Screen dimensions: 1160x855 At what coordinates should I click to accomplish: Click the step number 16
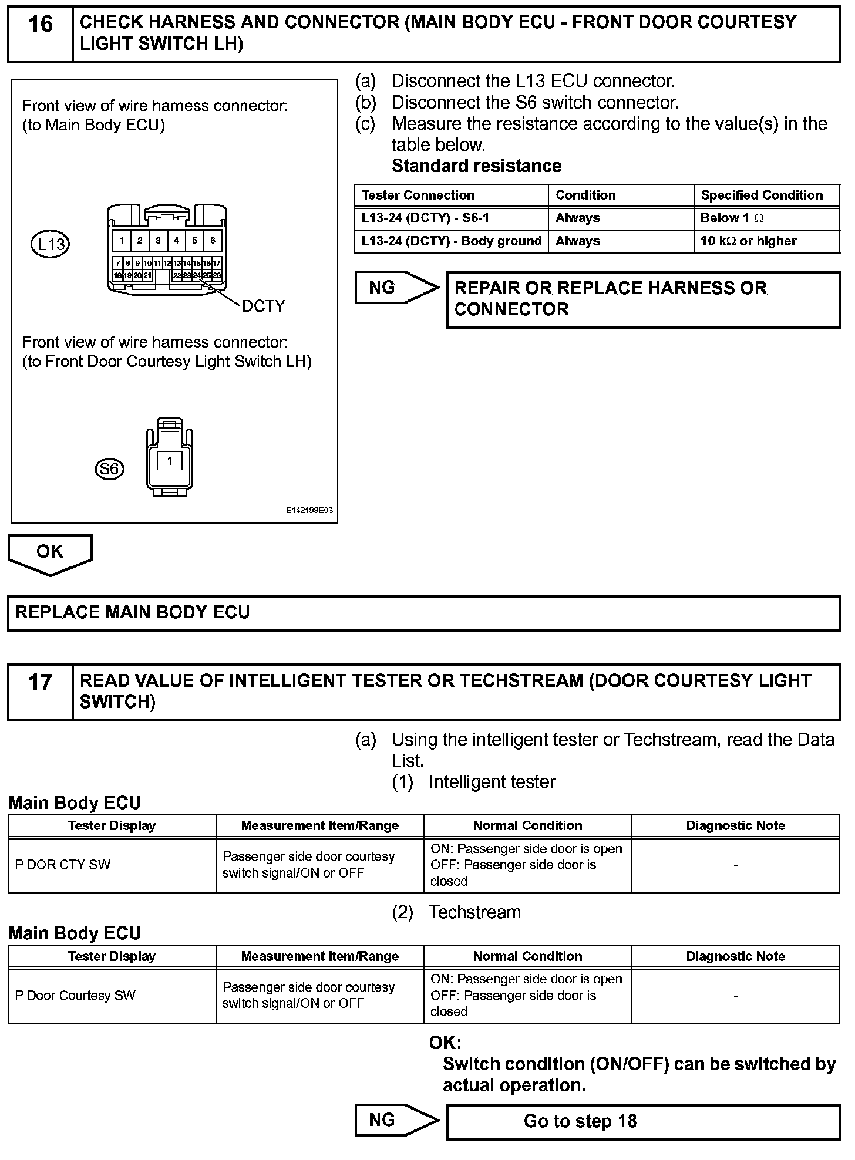(40, 25)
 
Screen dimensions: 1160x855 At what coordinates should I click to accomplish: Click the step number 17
(40, 683)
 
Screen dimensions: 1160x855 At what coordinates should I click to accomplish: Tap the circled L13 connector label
(50, 244)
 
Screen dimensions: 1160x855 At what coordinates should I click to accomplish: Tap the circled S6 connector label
(109, 468)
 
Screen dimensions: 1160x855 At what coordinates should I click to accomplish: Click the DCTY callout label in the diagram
(263, 306)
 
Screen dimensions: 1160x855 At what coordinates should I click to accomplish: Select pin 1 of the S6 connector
(170, 461)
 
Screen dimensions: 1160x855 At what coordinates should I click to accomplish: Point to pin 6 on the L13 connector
(213, 240)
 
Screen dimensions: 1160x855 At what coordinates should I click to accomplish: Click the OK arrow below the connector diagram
(50, 552)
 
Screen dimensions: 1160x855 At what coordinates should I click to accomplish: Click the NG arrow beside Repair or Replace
(396, 288)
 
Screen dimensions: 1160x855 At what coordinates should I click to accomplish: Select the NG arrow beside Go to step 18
(396, 1120)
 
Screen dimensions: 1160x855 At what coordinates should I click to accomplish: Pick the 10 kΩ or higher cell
(748, 241)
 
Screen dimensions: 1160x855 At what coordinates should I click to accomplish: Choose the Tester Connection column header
(418, 195)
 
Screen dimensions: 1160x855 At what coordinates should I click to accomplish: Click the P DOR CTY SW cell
(62, 865)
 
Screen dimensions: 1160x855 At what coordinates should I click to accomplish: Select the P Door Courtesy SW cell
(75, 996)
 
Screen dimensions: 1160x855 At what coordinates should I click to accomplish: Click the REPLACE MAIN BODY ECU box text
(133, 612)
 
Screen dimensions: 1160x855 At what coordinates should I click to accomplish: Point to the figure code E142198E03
(309, 510)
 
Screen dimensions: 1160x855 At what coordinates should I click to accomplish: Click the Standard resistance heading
(476, 166)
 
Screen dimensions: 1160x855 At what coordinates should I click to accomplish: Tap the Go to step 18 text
(580, 1121)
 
